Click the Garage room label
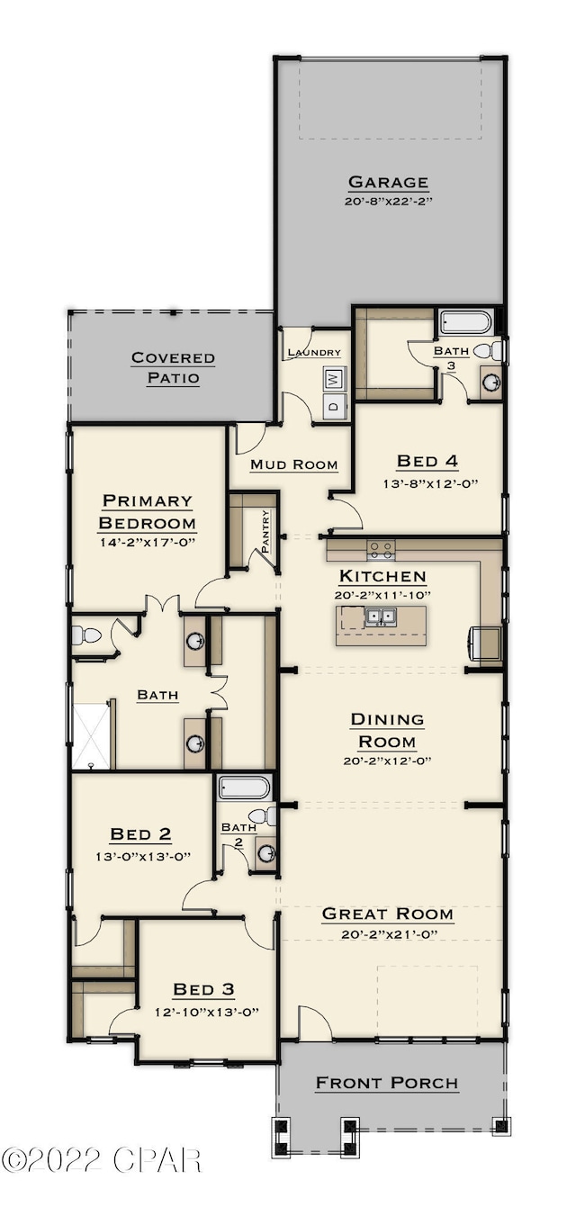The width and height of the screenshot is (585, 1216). (x=388, y=182)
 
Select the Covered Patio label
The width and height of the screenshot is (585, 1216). (x=174, y=367)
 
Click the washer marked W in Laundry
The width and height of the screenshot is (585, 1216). (x=332, y=380)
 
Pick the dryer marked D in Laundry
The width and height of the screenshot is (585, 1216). (x=332, y=406)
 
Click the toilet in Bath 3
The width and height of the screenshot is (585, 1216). (x=487, y=350)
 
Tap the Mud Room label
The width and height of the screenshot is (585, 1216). (x=293, y=464)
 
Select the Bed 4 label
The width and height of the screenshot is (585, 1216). (x=427, y=462)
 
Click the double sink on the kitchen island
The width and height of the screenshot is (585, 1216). (x=381, y=617)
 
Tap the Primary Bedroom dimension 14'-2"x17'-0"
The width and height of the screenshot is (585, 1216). (x=148, y=542)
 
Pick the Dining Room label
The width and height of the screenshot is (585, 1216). (x=387, y=730)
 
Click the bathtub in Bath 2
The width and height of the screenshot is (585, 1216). (x=244, y=788)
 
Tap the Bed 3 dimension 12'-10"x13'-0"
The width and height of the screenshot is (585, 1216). (x=204, y=1011)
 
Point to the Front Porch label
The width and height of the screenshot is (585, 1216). (x=387, y=1083)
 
